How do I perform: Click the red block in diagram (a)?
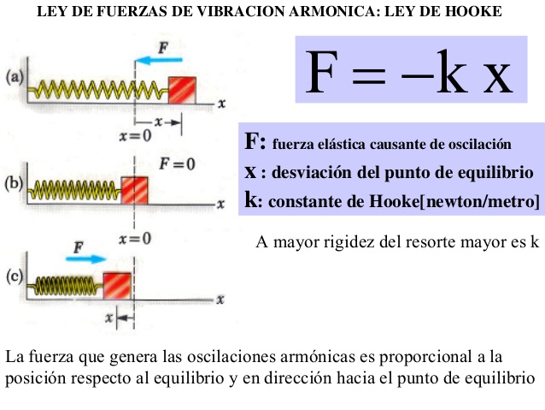click(x=183, y=89)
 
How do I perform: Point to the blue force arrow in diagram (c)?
click(x=88, y=257)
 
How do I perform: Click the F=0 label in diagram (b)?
click(x=178, y=163)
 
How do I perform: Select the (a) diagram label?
click(x=14, y=78)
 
